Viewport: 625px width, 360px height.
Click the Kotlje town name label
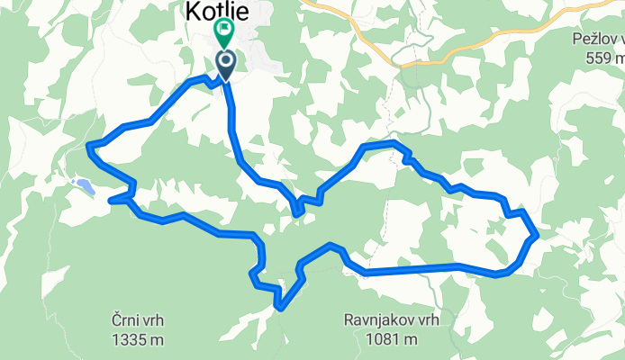tap(215, 10)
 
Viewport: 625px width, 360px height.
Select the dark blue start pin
tap(225, 64)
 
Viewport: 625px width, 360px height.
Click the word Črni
tap(127, 320)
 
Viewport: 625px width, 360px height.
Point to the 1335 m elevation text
tap(139, 339)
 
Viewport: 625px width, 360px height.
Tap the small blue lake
tap(85, 186)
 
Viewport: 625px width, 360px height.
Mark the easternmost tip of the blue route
tap(538, 235)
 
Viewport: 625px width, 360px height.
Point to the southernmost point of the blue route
tap(281, 308)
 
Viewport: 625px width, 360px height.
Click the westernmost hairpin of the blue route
tap(88, 145)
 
